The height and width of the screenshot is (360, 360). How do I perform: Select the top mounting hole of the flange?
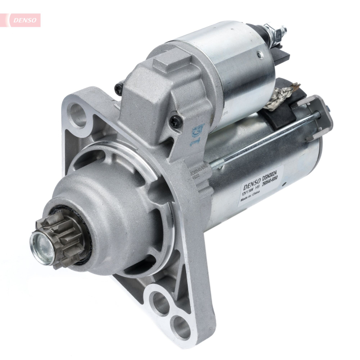[79, 114]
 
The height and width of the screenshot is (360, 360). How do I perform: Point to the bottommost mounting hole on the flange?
[181, 327]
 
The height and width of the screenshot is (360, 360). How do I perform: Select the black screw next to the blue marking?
[175, 122]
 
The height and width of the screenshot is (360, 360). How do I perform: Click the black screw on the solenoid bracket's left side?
[119, 88]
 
